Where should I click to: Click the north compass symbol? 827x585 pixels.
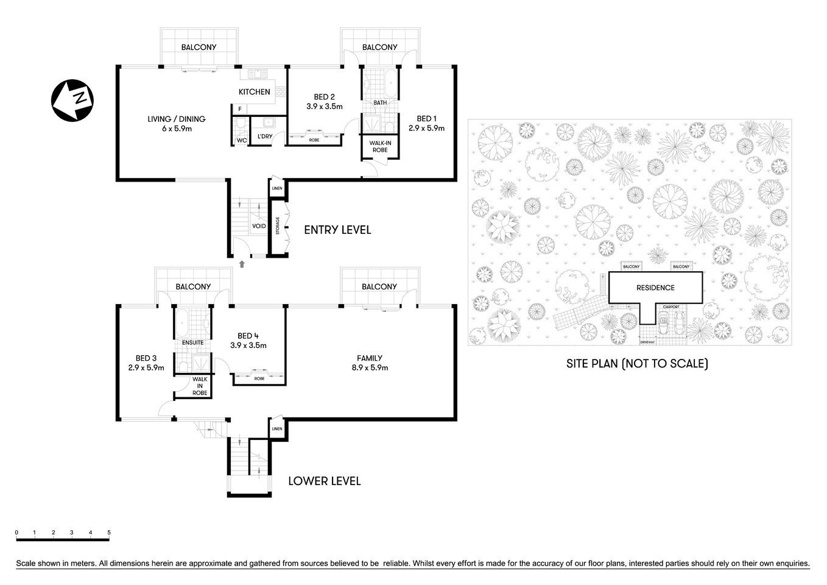coord(72,99)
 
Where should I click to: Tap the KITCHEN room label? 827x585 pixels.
coord(254,92)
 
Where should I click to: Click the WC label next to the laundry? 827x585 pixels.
coord(241,140)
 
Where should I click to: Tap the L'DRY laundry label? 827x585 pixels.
coord(264,136)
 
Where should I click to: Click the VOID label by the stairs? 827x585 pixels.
coord(259,226)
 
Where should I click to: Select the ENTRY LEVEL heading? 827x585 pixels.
coord(337,230)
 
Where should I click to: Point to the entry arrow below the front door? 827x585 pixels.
coord(242,264)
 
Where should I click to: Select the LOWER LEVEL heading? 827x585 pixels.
coord(324,481)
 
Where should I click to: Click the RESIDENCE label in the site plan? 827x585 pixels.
coord(655,288)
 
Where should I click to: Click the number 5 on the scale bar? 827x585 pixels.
coord(109,533)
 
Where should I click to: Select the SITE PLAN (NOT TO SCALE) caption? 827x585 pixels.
coord(637,364)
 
